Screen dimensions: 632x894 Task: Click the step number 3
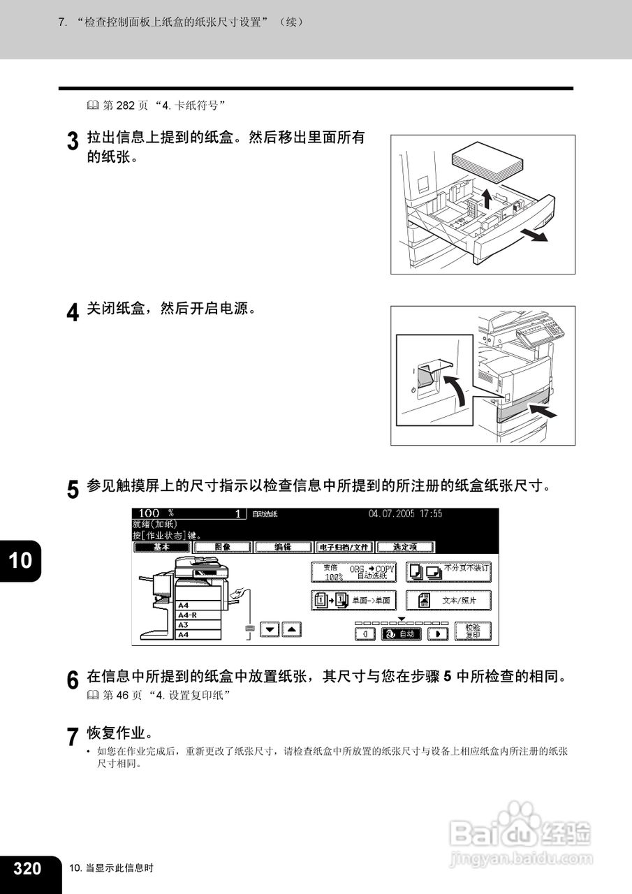(x=73, y=142)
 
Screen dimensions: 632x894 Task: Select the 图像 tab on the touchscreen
(x=222, y=547)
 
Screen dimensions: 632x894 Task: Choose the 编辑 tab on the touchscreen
(x=282, y=547)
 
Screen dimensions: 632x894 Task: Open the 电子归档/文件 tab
(x=344, y=547)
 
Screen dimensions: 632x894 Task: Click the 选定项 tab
(x=405, y=547)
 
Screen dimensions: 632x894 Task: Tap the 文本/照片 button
(x=448, y=600)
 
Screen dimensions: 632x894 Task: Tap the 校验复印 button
(x=472, y=631)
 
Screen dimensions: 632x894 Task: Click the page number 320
(x=28, y=868)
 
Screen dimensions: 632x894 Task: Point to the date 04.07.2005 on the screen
(x=392, y=513)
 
